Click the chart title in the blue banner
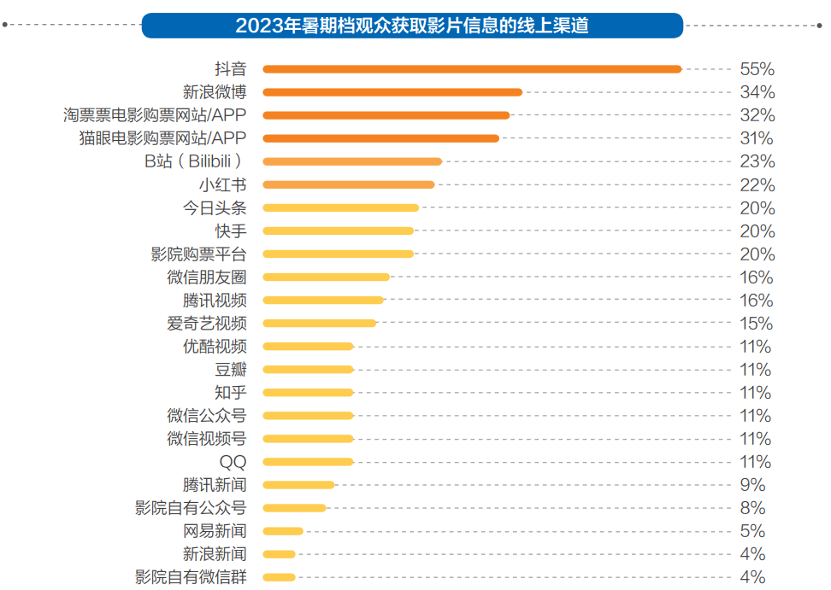point(412,26)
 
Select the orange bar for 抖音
point(472,69)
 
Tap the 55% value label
point(757,69)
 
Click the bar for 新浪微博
point(392,92)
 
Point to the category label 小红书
point(222,184)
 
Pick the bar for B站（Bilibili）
point(352,161)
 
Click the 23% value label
point(757,161)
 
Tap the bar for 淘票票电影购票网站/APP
point(386,115)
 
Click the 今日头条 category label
point(215,207)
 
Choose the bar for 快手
point(338,231)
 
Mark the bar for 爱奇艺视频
point(319,323)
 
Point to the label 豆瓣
point(231,369)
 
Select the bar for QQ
point(308,461)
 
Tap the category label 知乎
point(231,392)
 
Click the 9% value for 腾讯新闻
point(752,484)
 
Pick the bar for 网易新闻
point(283,530)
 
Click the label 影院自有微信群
point(191,576)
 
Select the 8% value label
point(752,507)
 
